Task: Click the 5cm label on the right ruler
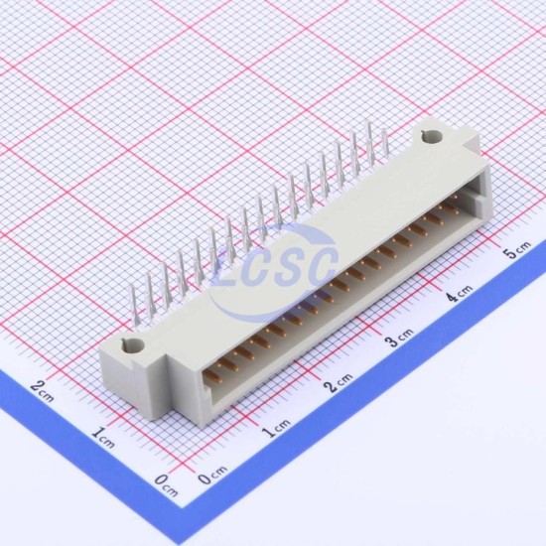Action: pyautogui.click(x=518, y=249)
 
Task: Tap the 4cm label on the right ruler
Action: pyautogui.click(x=460, y=292)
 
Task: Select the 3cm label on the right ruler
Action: pyautogui.click(x=400, y=337)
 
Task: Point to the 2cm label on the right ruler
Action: pyautogui.click(x=338, y=382)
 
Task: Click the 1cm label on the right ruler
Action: pyautogui.click(x=276, y=428)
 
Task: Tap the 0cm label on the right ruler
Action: pyautogui.click(x=212, y=474)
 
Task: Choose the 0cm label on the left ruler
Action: pyautogui.click(x=167, y=484)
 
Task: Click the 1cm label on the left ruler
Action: pyautogui.click(x=103, y=437)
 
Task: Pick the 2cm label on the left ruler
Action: pyautogui.click(x=42, y=391)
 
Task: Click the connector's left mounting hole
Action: pyautogui.click(x=134, y=345)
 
